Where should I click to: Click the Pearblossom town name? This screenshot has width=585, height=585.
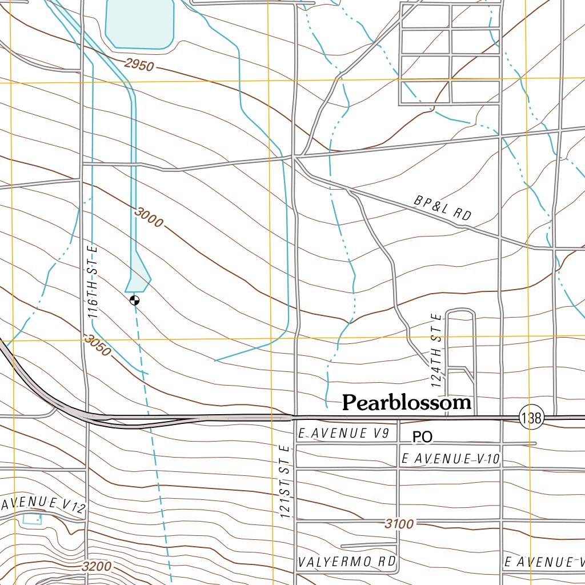click(407, 403)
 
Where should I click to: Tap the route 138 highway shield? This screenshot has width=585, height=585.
click(531, 418)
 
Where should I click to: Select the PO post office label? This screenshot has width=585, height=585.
click(423, 438)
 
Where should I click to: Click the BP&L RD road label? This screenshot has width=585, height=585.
click(443, 209)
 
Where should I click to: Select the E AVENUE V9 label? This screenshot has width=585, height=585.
click(343, 434)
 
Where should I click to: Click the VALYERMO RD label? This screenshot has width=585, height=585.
click(347, 562)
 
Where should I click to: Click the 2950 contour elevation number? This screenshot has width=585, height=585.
click(138, 65)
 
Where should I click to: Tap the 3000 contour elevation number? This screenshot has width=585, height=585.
click(149, 217)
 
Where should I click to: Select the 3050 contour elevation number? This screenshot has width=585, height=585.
click(97, 345)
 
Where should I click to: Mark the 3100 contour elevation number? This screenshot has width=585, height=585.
click(399, 523)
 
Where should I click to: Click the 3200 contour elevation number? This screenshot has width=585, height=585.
click(97, 567)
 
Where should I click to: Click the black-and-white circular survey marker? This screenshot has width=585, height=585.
click(134, 300)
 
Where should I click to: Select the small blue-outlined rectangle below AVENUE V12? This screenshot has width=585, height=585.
click(31, 519)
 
